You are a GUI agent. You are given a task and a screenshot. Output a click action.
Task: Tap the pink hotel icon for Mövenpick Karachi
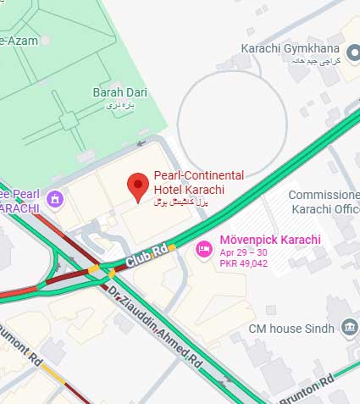[203, 249]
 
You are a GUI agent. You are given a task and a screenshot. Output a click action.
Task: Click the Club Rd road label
[143, 257]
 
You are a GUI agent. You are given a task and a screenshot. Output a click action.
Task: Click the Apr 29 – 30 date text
[243, 252]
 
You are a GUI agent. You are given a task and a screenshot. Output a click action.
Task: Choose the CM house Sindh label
[293, 328]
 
